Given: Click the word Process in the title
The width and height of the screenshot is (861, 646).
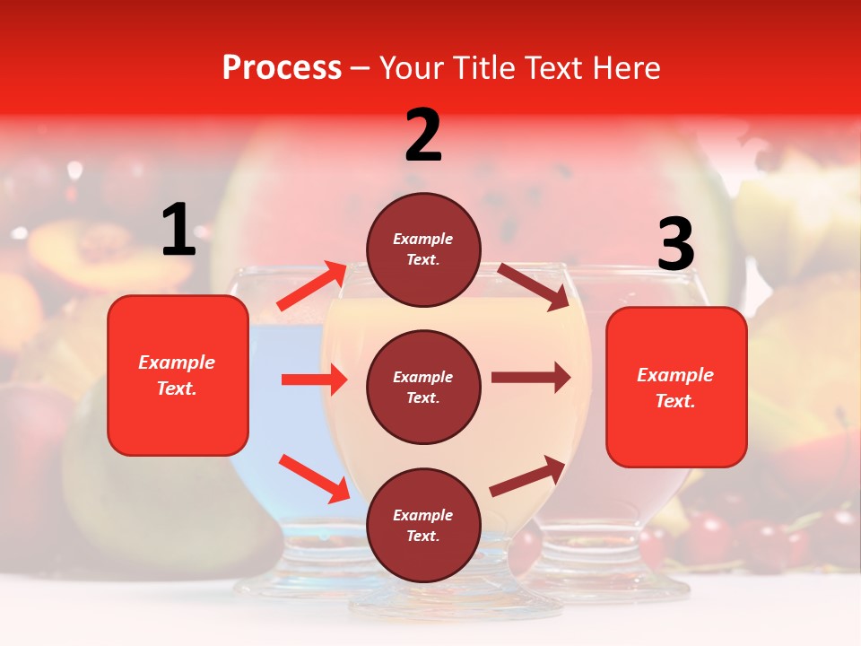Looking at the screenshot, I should [x=282, y=68].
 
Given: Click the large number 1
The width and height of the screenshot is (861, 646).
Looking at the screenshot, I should [x=178, y=231].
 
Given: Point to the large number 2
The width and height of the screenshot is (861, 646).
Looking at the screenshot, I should [x=423, y=135].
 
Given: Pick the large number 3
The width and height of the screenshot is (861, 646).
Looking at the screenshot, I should [x=675, y=245].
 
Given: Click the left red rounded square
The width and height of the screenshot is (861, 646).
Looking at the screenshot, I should [x=178, y=375].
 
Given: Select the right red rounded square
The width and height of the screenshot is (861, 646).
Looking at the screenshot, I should [x=676, y=387].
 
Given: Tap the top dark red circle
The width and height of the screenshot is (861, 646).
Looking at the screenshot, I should [x=423, y=249].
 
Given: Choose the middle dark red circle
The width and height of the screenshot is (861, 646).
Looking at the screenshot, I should [x=423, y=387].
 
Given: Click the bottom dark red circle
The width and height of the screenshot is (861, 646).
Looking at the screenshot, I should [x=423, y=525].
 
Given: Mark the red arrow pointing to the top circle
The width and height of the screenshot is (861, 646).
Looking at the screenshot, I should [x=312, y=286].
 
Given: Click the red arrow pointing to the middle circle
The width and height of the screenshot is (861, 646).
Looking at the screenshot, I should [x=315, y=380].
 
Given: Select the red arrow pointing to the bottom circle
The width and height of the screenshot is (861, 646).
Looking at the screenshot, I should [x=315, y=478].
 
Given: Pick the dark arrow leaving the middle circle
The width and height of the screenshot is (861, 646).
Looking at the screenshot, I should [x=531, y=378].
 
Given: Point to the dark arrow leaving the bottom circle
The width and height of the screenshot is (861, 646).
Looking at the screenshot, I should [x=528, y=476].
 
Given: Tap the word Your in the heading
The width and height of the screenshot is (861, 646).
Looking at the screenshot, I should [x=413, y=68].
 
